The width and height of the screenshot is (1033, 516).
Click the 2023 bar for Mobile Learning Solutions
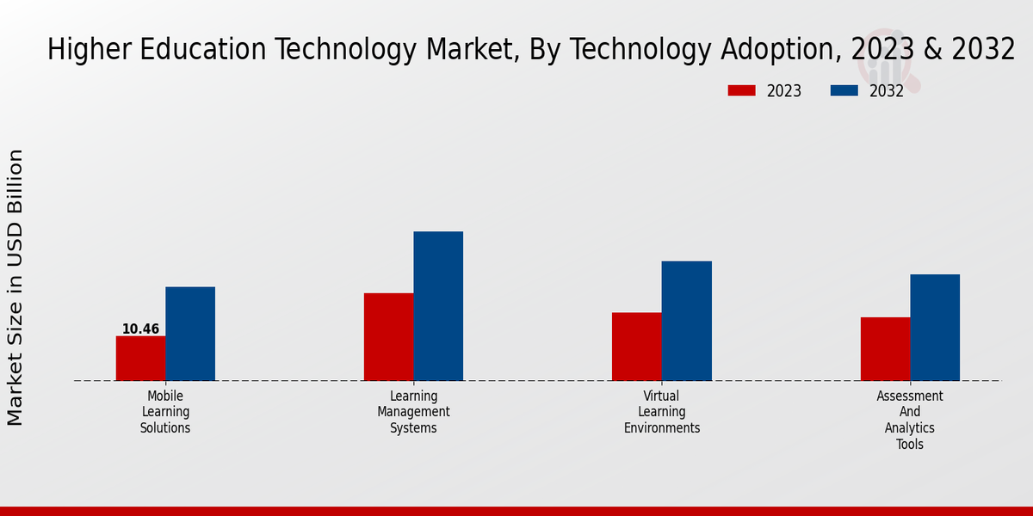pos(140,358)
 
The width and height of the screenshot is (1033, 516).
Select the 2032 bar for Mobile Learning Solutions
pos(190,334)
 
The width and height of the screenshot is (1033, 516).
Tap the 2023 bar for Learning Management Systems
pos(388,336)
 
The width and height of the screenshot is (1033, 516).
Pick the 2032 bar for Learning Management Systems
pos(438,306)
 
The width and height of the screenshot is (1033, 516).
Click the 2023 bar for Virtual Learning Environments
pos(637,346)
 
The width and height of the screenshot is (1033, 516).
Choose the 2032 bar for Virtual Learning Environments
pos(687,321)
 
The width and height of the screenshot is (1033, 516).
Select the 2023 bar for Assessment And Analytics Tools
pos(885,348)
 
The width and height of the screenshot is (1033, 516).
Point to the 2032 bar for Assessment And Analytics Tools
pos(935,327)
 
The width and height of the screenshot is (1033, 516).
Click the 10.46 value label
pos(140,329)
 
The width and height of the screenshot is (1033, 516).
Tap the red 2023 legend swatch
pos(741,90)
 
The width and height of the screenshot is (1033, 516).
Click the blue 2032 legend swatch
pos(844,90)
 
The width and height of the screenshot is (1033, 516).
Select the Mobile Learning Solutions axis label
pos(165,412)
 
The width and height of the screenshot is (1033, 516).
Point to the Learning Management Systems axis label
pos(413,412)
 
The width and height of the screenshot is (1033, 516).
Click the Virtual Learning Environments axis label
pos(662,412)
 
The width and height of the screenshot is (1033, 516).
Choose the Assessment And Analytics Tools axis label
pos(910,420)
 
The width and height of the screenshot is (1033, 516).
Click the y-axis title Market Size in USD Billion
pos(15,287)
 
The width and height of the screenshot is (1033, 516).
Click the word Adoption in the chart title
pos(776,50)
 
